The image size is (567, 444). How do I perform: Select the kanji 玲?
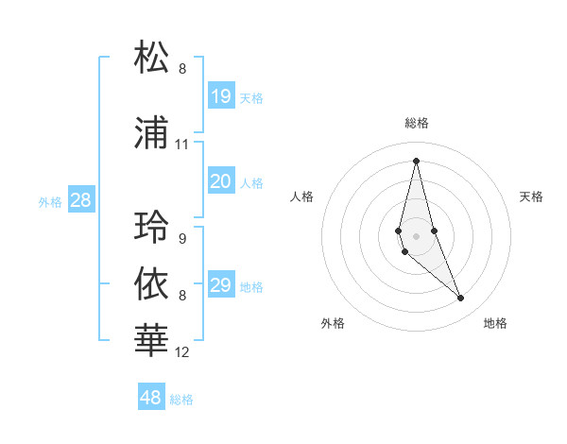(152, 227)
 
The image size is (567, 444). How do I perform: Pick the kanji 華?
(152, 340)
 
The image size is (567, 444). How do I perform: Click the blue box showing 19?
(221, 95)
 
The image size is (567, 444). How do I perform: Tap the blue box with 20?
(221, 181)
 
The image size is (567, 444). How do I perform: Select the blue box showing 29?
(221, 285)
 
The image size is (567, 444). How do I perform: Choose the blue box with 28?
(80, 200)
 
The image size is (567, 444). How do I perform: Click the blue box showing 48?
(151, 398)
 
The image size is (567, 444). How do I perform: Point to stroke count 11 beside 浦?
(182, 145)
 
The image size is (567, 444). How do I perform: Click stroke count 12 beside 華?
(182, 352)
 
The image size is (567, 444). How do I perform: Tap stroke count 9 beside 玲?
(182, 238)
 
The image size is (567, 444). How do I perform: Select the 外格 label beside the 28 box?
(50, 201)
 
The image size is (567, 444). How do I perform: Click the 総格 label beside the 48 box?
(181, 400)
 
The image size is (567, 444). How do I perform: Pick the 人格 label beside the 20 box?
(251, 183)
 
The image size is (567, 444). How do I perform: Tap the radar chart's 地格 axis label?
(495, 323)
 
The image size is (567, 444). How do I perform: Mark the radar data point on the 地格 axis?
(461, 299)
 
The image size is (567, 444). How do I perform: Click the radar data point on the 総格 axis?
(416, 161)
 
